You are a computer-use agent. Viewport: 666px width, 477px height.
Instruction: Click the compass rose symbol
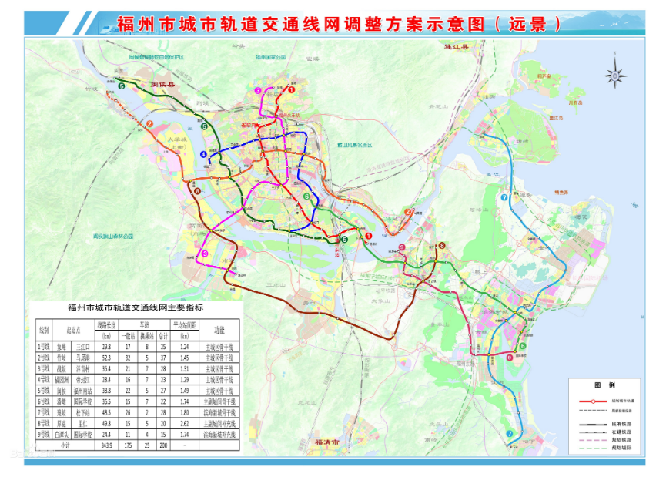pos(614,76)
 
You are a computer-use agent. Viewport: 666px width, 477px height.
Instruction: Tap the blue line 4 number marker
pos(204,154)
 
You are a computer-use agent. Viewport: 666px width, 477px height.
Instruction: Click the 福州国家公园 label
pos(270,57)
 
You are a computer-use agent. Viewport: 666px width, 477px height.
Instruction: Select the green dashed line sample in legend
pos(591,448)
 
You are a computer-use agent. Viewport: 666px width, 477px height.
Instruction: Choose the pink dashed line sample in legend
pos(591,440)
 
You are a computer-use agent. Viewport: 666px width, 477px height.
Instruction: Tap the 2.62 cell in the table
pos(184,422)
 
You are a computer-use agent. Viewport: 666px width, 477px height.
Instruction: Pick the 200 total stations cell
pos(162,445)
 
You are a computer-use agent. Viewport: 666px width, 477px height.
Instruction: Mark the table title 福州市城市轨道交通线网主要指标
pos(136,308)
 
